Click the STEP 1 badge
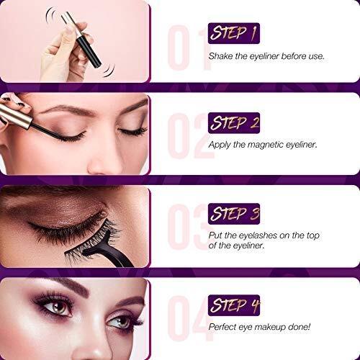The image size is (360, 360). pyautogui.click(x=234, y=33)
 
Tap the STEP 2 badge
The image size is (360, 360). pyautogui.click(x=234, y=123)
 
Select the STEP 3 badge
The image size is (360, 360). pyautogui.click(x=234, y=214)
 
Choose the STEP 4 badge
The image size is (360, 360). pyautogui.click(x=234, y=305)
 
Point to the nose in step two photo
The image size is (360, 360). pyautogui.click(x=107, y=161)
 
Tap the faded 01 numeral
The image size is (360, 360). pyautogui.click(x=189, y=48)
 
